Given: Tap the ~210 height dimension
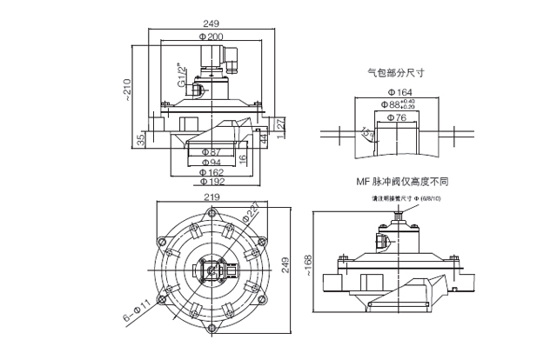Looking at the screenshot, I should tap(130, 86).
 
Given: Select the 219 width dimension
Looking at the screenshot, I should tap(211, 197).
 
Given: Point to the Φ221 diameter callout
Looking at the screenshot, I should tap(252, 210).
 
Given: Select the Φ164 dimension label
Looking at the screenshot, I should tap(399, 91).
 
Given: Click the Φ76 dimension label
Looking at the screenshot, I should tap(396, 116).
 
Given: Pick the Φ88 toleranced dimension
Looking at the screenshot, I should tap(400, 103).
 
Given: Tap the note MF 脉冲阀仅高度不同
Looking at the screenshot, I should tap(401, 183).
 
